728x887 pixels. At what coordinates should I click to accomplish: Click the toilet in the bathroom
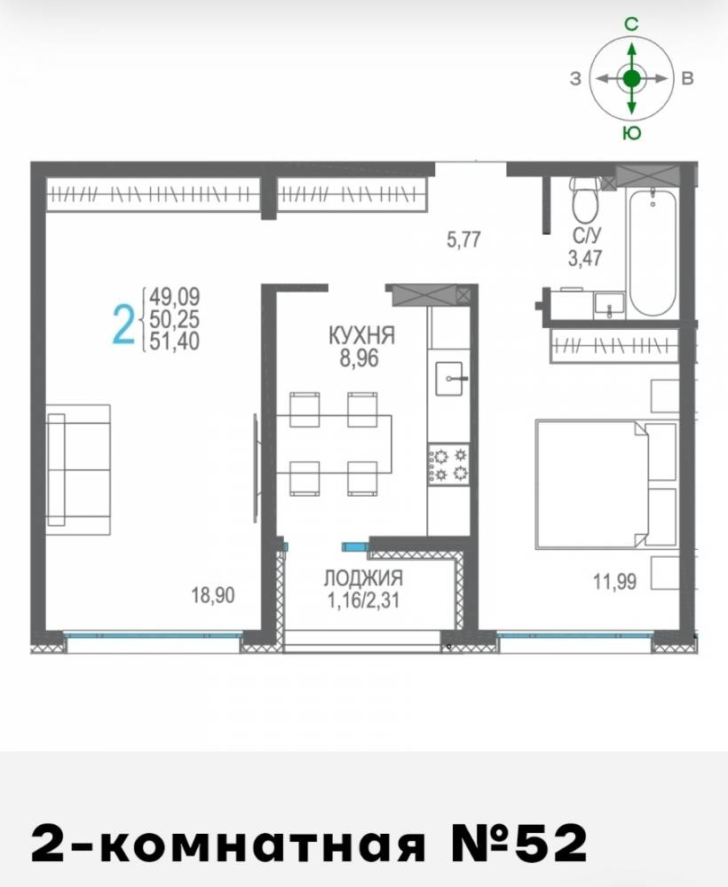coord(584,200)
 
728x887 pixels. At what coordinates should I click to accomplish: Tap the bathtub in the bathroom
coord(653,252)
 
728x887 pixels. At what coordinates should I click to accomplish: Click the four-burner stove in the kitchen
coord(448,464)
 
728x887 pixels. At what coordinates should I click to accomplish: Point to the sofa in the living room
coord(78,469)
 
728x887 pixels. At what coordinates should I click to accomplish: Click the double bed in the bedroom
coord(605,483)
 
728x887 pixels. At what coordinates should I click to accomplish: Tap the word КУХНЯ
coord(361,335)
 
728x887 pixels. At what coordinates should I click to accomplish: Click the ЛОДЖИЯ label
coord(363,577)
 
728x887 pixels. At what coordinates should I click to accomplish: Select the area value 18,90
coord(213,595)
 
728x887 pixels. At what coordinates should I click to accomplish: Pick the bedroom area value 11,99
coord(614,581)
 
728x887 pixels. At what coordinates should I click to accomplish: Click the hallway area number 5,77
coord(463,239)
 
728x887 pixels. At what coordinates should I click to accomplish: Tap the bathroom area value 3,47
coord(585,258)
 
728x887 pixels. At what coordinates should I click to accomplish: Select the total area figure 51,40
coord(174,341)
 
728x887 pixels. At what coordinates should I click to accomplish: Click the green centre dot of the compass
coord(632,79)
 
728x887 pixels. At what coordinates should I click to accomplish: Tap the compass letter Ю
coord(632,132)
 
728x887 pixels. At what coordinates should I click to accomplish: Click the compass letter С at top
coord(631,24)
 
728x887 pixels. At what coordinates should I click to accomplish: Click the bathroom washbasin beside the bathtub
coord(609,306)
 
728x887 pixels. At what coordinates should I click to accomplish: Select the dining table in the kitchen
coord(334,444)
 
